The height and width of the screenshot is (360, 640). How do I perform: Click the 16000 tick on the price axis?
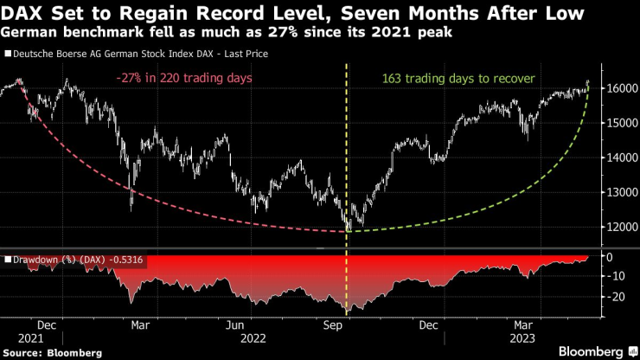616,89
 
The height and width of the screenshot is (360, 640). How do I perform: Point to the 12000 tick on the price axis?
616,228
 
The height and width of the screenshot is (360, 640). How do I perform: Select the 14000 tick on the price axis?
616,158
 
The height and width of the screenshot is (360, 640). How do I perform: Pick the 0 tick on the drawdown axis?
609,257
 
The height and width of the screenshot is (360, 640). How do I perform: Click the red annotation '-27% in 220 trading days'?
178,79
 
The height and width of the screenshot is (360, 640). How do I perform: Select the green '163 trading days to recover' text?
458,79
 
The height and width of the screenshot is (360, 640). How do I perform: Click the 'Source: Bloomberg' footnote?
52,353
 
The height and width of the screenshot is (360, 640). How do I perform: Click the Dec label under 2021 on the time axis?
48,326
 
